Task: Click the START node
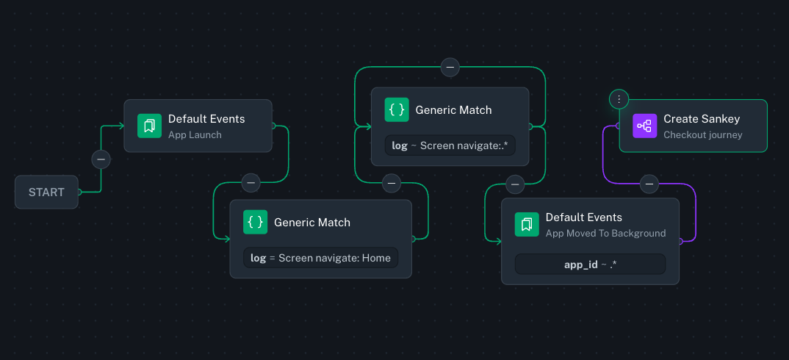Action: [46, 192]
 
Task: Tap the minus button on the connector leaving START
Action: [101, 159]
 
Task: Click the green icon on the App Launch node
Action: [149, 126]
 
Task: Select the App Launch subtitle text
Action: [195, 135]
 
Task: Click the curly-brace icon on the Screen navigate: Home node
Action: [256, 222]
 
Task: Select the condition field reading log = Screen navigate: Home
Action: [320, 258]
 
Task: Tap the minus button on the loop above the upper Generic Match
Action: [450, 67]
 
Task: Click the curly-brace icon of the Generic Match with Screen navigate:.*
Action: [397, 109]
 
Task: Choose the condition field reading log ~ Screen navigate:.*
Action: [450, 145]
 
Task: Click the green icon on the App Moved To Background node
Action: [527, 224]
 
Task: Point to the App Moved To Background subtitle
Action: [605, 234]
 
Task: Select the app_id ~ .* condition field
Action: [590, 264]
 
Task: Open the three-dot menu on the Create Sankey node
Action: [619, 98]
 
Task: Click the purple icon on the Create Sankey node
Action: [644, 126]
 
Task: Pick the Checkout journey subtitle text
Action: [702, 135]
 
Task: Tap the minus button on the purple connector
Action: [649, 184]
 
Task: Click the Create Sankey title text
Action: [702, 119]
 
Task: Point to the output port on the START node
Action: [79, 192]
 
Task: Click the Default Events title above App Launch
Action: [206, 119]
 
